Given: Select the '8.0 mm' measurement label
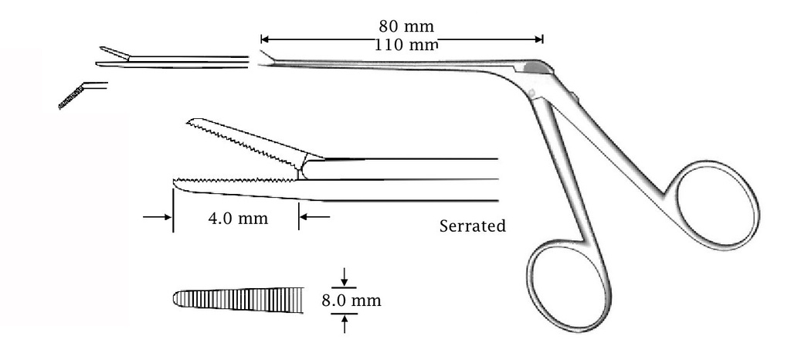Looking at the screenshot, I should click(351, 300).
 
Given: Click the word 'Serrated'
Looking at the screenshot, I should click(472, 226).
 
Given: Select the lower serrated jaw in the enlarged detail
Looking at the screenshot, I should click(232, 185).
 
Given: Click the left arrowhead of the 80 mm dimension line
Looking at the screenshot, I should click(264, 38).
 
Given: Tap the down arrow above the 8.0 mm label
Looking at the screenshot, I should click(344, 279).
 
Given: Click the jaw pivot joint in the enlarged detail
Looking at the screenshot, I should click(303, 166).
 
